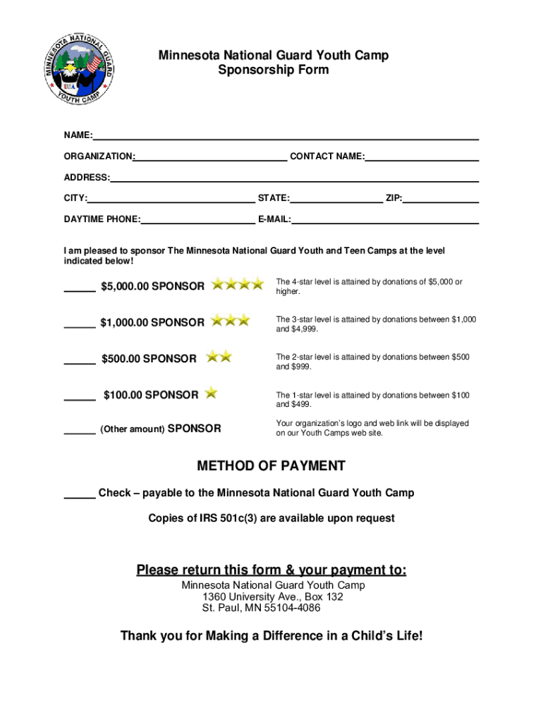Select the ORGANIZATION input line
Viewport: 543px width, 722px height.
point(211,159)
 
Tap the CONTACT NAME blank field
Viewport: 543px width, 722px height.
point(422,159)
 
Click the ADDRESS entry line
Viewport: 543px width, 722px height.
point(294,180)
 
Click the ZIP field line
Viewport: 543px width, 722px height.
point(441,201)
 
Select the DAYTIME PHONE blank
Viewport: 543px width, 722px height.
point(197,222)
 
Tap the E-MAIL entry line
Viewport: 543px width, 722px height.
point(385,222)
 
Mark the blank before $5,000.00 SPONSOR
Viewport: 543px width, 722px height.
point(80,289)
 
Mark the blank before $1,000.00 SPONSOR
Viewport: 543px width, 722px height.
point(80,325)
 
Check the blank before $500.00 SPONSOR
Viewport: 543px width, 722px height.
point(80,362)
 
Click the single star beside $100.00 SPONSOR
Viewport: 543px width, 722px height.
point(211,393)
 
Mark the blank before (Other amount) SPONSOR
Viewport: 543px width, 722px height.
point(80,432)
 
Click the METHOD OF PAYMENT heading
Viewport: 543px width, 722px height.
point(271,466)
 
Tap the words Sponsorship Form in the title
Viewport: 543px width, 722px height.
point(273,71)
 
